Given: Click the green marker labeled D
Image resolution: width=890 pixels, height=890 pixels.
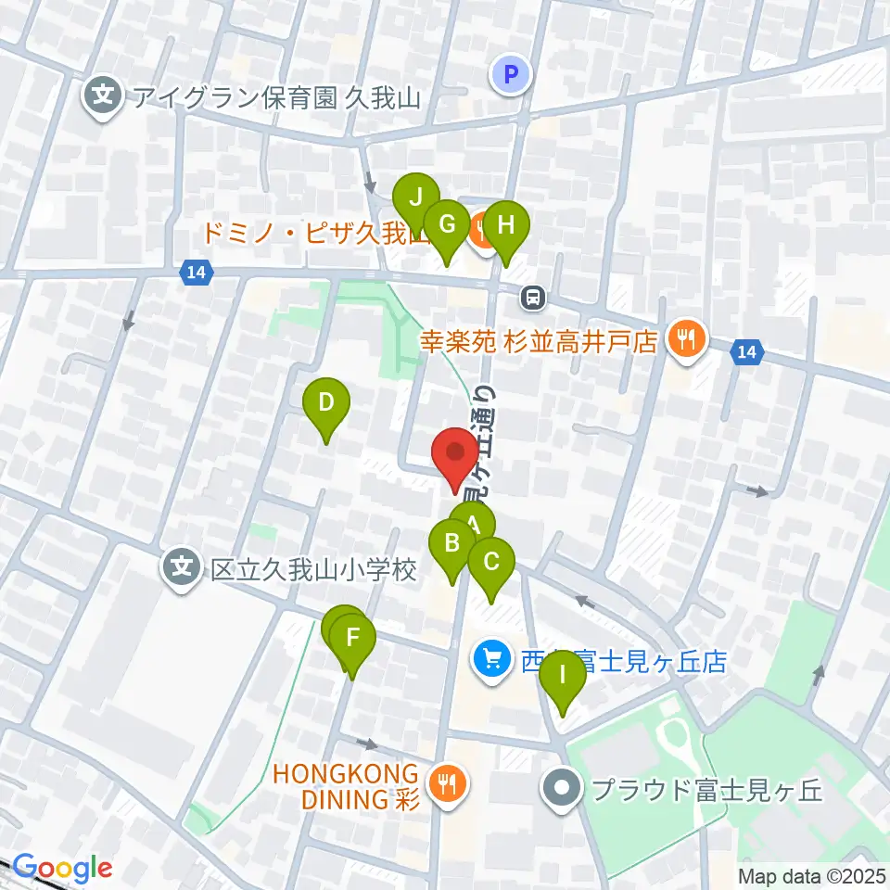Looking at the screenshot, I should click(326, 402).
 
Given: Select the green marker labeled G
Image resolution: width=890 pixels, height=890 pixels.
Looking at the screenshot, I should click(447, 224).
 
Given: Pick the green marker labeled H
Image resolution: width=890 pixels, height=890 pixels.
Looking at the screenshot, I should click(505, 224).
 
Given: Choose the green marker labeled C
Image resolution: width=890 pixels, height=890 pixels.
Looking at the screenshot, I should click(491, 562).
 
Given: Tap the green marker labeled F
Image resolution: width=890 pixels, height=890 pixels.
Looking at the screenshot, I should click(352, 638).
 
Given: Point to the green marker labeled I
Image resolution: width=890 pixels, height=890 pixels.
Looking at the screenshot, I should click(563, 675).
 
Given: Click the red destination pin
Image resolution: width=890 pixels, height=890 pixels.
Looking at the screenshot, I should click(455, 453).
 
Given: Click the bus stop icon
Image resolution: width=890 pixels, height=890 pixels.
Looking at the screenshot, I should click(533, 299).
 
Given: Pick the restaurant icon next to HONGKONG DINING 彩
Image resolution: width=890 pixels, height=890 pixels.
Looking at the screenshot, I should click(450, 784).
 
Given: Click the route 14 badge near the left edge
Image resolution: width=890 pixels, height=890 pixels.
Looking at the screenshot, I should click(196, 273).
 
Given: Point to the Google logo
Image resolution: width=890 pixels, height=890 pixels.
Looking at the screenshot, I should click(62, 869).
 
